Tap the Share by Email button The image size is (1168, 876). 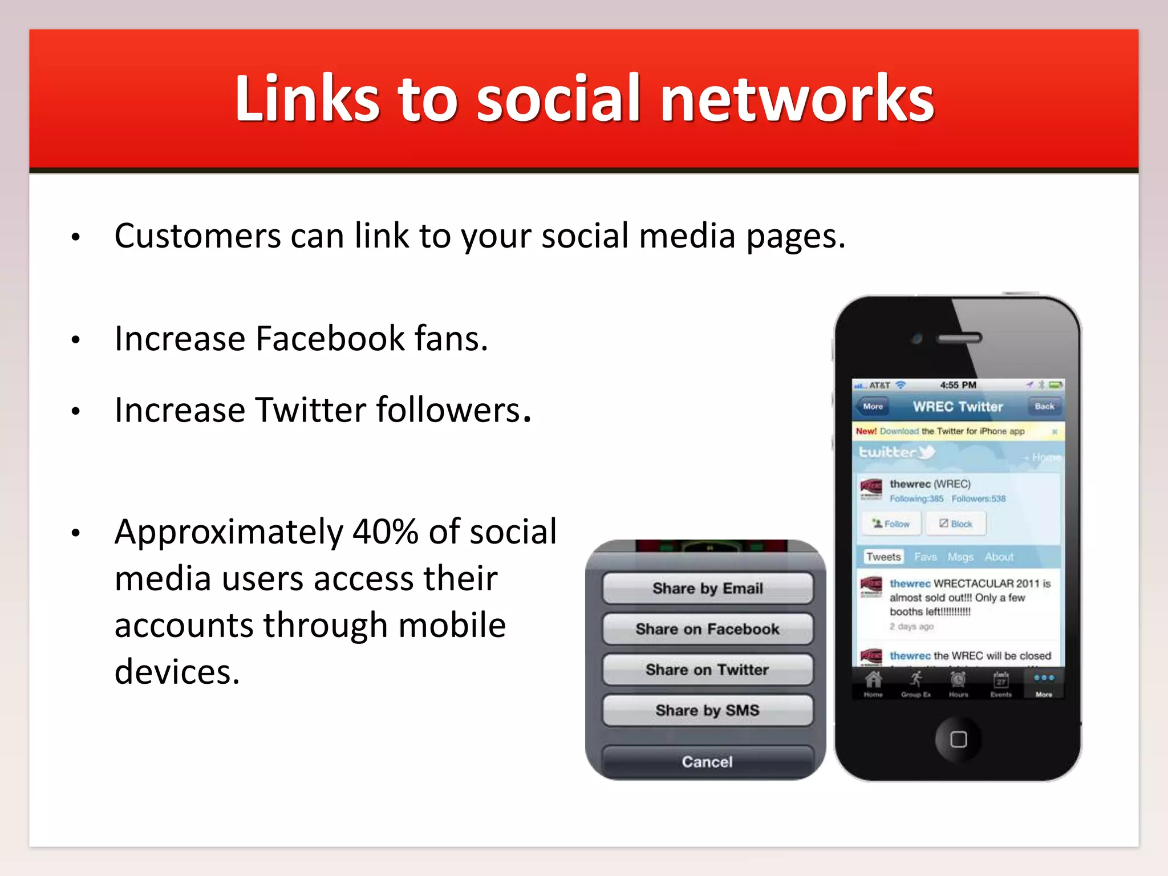[x=707, y=588]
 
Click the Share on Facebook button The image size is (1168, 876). [x=707, y=629]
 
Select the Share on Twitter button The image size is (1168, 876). [x=707, y=670]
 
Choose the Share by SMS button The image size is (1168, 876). [x=707, y=710]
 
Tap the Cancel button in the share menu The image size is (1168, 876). [x=707, y=761]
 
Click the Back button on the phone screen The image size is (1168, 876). [x=1044, y=407]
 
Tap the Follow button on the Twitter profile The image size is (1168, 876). [x=891, y=524]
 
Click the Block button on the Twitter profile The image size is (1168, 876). [x=956, y=524]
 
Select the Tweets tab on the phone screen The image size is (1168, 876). [x=883, y=557]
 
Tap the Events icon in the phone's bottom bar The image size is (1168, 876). [x=1001, y=683]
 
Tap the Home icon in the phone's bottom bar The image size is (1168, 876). [x=873, y=683]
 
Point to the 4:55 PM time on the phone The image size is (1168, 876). [x=958, y=386]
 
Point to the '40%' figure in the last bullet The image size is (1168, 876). [x=386, y=532]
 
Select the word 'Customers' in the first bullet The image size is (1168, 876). [x=197, y=236]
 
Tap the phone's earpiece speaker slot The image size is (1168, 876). [x=960, y=338]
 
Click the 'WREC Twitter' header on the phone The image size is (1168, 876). [x=958, y=407]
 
